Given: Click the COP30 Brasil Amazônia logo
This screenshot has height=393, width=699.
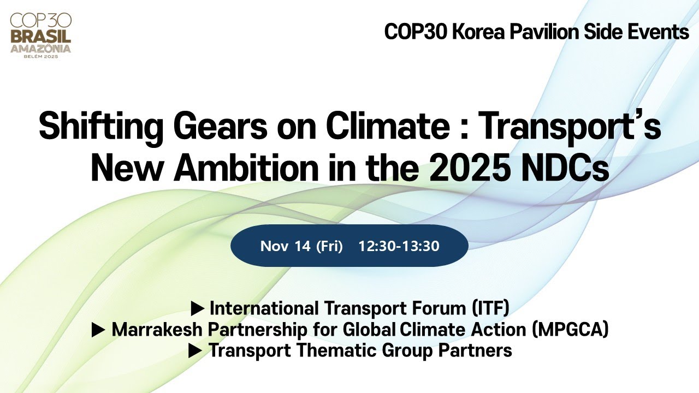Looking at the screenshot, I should pos(40,36).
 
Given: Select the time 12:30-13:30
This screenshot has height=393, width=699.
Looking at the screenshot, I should pos(399,246).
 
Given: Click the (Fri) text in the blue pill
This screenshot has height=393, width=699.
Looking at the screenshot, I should pos(329,246).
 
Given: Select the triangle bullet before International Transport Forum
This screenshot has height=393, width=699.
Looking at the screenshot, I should pos(197,309).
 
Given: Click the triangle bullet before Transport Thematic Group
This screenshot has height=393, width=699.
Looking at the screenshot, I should pos(194,351).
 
